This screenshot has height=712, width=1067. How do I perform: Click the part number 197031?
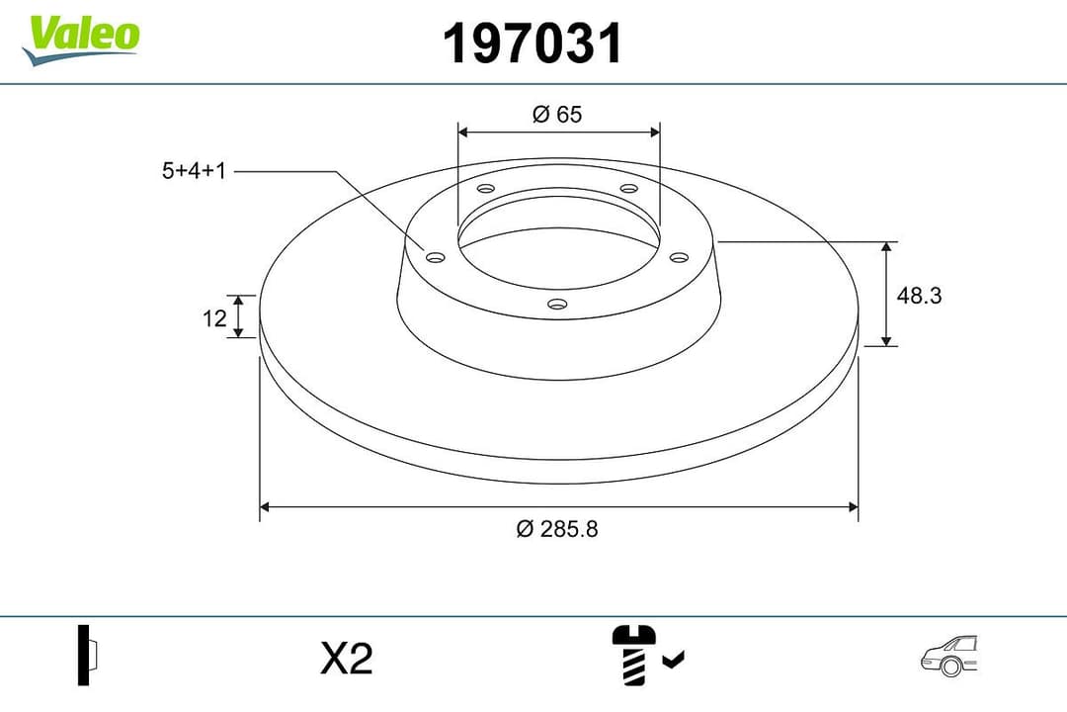pos(533,44)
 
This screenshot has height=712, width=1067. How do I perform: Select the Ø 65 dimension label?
pos(557,114)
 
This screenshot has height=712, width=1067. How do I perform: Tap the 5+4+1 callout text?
pos(195,171)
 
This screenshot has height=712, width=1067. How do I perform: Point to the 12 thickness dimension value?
pos(214,318)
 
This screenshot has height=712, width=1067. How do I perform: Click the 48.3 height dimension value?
pos(919,294)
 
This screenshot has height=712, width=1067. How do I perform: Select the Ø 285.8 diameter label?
pos(557,529)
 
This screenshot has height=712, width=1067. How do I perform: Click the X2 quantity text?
pos(347,658)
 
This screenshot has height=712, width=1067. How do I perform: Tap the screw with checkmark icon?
pos(646,655)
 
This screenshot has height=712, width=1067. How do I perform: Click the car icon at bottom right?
pos(948,657)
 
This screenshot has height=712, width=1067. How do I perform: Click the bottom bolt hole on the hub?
pos(557,304)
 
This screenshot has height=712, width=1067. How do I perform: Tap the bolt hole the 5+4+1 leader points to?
pos(436,257)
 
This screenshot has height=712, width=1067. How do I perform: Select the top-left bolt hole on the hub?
pos(485,189)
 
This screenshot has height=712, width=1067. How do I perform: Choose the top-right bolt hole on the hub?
pos(629,189)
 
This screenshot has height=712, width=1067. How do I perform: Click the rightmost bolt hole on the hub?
pos(678,257)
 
